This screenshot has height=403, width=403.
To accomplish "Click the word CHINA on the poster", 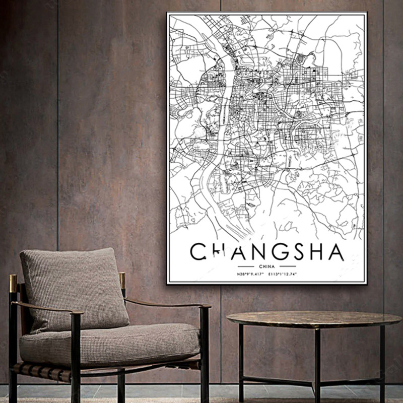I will coord(266,265).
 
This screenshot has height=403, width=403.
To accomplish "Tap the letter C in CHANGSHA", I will coord(198,251).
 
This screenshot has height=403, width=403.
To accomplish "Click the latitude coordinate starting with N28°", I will coord(250,274).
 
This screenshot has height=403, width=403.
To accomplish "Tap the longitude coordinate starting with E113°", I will coord(283,274).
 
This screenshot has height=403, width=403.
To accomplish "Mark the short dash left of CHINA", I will coord(245,265).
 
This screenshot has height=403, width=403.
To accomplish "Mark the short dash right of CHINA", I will coord(288,265).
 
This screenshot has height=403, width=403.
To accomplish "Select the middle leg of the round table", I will coord(317,363).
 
